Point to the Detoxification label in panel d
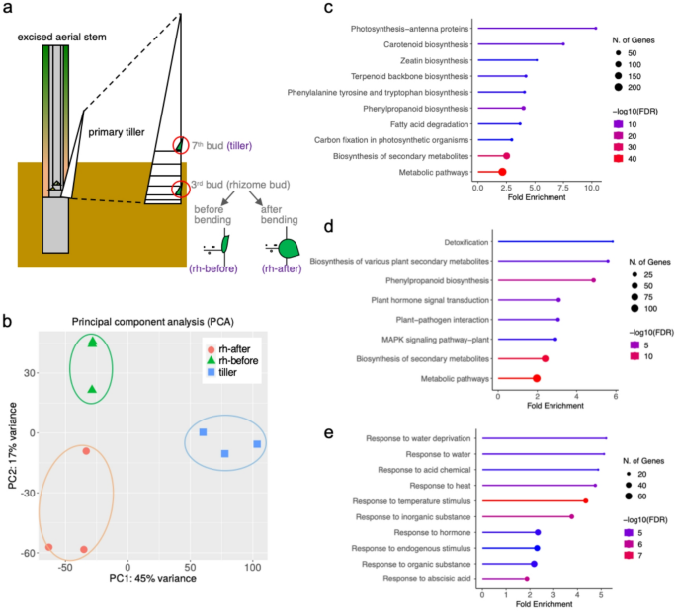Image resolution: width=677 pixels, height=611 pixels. (462, 242)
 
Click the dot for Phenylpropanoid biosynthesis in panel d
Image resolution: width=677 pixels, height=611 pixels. (593, 280)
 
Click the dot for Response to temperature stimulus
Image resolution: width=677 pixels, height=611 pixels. (586, 500)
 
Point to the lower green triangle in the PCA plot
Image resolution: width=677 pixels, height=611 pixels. (92, 390)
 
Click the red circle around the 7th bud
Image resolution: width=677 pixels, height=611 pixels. (178, 146)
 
